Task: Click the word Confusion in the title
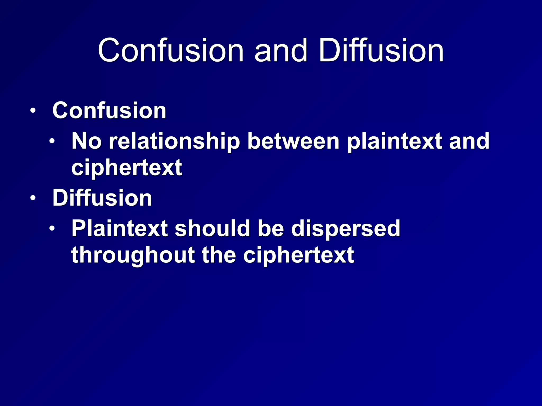[x=171, y=50]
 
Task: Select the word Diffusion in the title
[x=381, y=50]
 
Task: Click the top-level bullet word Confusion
[x=109, y=110]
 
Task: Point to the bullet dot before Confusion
[x=33, y=111]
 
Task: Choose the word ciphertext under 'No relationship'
[x=127, y=168]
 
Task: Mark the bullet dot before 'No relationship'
[x=52, y=141]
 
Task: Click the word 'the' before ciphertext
[x=219, y=255]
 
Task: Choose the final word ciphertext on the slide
[x=299, y=255]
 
